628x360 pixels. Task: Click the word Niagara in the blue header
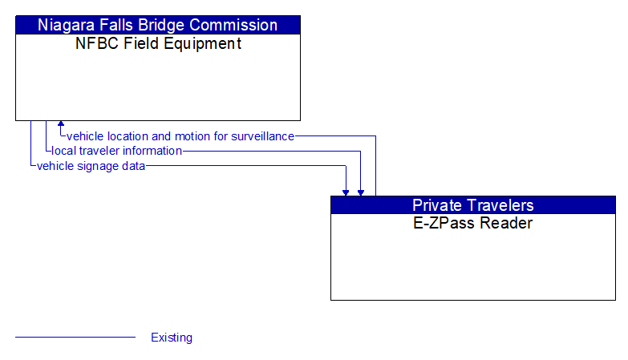(x=67, y=25)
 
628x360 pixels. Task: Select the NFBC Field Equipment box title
(x=158, y=44)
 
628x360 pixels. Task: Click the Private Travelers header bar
(x=472, y=204)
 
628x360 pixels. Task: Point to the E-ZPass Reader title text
(x=472, y=224)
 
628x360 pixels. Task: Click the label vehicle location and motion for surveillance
(x=180, y=136)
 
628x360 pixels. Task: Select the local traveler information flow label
(x=116, y=151)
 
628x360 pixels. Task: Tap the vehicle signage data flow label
(x=91, y=166)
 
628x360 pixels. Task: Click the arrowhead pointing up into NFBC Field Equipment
(x=61, y=125)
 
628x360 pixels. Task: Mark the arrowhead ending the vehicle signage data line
(x=346, y=192)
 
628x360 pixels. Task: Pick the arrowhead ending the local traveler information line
(x=361, y=192)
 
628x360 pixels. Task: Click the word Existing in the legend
(x=172, y=338)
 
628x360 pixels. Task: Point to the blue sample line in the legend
(x=75, y=338)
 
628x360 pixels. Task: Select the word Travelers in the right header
(x=499, y=204)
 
